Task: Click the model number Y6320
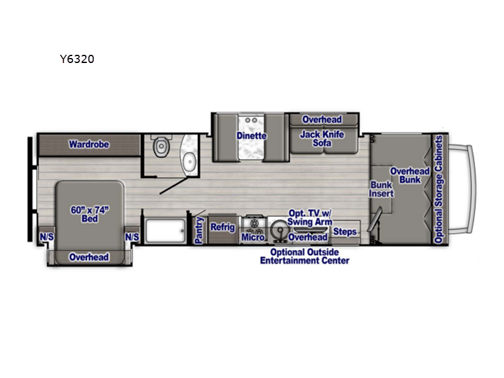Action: (77, 59)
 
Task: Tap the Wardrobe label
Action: (89, 144)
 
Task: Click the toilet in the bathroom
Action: (161, 146)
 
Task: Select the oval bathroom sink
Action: (190, 162)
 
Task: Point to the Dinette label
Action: (251, 135)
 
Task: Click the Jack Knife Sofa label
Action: (322, 139)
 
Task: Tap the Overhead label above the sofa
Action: (322, 120)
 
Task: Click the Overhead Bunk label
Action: (410, 175)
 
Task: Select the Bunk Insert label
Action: (381, 189)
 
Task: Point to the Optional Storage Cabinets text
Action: (438, 189)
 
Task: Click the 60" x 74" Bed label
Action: (89, 214)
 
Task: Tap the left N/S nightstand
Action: (47, 237)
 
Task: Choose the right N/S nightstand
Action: (132, 237)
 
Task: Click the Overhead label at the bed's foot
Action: (89, 257)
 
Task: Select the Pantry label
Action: (199, 230)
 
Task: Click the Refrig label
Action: (222, 227)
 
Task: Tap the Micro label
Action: (253, 238)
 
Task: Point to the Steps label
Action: (345, 231)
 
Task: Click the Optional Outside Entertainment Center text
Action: (305, 256)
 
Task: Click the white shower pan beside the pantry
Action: (166, 231)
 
